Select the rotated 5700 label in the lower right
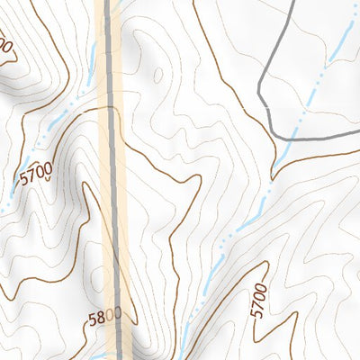tap(260, 299)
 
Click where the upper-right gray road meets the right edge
tap(358, 133)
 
